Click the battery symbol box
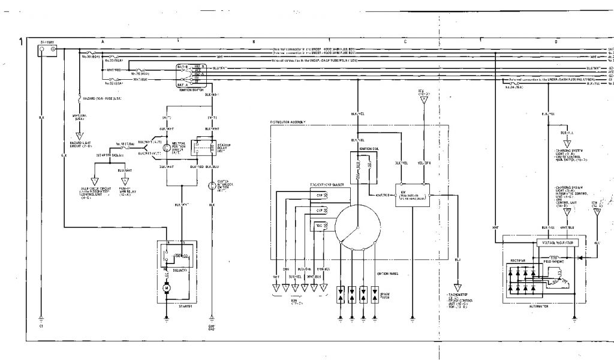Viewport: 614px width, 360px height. [47, 50]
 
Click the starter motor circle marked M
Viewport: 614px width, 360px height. [166, 289]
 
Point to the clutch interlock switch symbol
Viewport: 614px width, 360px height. [211, 186]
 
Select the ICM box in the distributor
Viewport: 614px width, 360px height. [412, 195]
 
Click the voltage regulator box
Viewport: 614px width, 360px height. [558, 243]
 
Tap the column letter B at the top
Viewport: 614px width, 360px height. [254, 41]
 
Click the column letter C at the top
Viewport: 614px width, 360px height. [405, 41]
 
